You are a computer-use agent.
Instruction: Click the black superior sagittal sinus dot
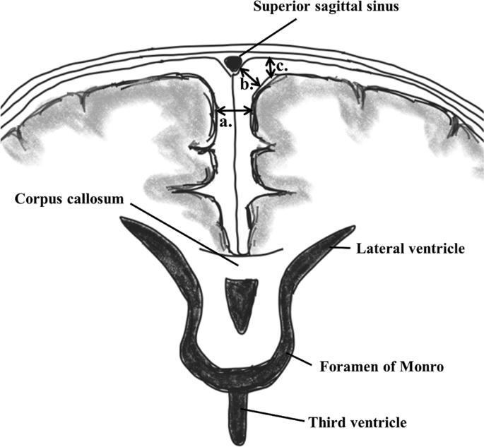232,62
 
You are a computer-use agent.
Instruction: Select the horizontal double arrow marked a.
235,110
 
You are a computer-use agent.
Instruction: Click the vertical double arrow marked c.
269,68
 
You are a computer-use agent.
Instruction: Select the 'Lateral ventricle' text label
412,248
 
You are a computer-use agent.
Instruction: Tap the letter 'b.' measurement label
246,85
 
